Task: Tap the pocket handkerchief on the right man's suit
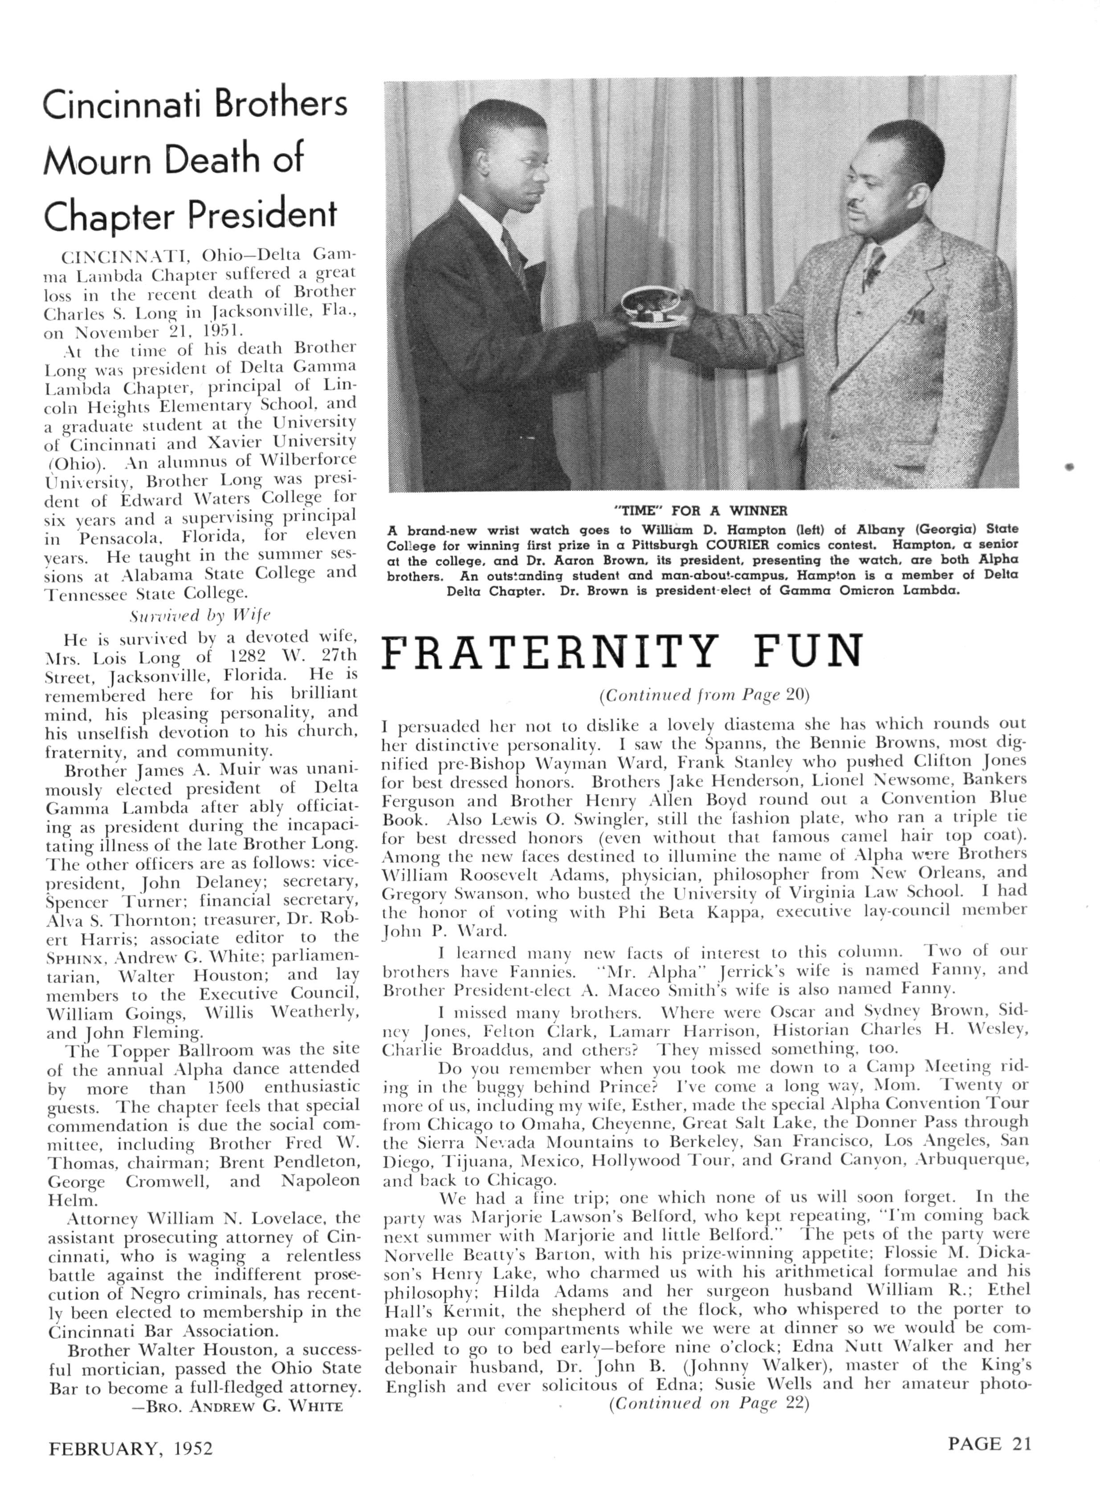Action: click(x=917, y=313)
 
